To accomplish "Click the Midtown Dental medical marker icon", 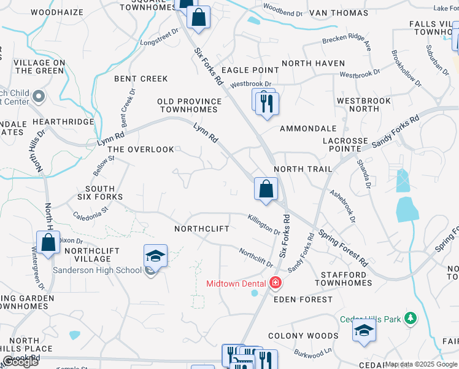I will [x=276, y=283].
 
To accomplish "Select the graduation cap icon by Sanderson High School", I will [x=155, y=256].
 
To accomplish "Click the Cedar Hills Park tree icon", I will [x=411, y=318].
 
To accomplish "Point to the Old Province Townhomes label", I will [x=189, y=105].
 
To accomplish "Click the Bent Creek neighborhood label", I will [x=141, y=79].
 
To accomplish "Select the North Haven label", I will [x=313, y=63].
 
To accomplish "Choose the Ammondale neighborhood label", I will [x=308, y=129].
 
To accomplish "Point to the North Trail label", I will [x=303, y=169].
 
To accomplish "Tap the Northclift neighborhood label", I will [x=201, y=229].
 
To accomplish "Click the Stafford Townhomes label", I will [x=344, y=279].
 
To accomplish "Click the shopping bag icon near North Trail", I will [x=266, y=189].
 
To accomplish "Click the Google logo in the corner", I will [x=20, y=362].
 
